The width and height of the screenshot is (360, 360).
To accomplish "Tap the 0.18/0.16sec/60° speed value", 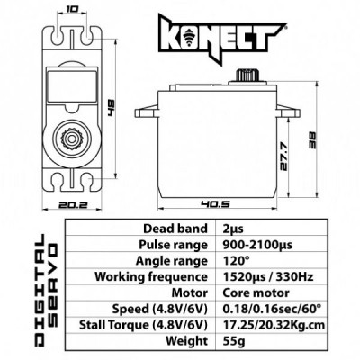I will (261, 309).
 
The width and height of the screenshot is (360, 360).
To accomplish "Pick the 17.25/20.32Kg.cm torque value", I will (266, 325).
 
